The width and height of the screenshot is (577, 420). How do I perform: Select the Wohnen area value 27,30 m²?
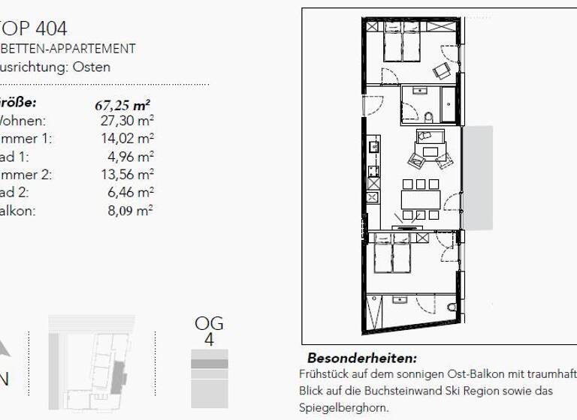tap(127, 121)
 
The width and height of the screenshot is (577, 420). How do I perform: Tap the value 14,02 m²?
tap(127, 139)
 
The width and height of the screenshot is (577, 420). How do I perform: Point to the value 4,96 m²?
tap(130, 157)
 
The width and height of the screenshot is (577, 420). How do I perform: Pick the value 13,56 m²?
tap(127, 175)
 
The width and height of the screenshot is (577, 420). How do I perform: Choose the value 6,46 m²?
tap(130, 193)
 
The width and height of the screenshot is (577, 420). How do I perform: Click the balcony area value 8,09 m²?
tap(130, 211)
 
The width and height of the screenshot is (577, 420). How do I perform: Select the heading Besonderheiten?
tap(361, 358)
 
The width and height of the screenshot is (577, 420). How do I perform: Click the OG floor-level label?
tap(209, 324)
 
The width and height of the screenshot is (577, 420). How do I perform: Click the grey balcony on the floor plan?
tap(478, 177)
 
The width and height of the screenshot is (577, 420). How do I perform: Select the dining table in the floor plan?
tap(420, 199)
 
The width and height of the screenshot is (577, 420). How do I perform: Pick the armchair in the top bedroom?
tap(441, 69)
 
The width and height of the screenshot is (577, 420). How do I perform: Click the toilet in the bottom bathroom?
tap(451, 308)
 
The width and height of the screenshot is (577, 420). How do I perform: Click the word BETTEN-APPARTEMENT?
tap(68, 49)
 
